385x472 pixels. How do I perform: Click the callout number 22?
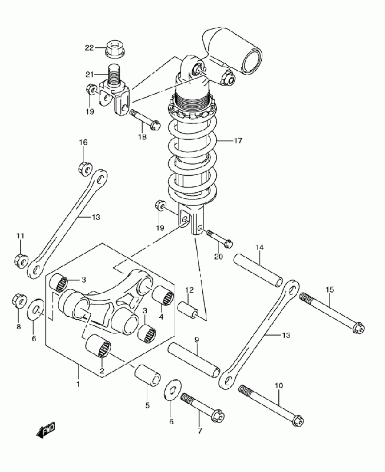point(90,48)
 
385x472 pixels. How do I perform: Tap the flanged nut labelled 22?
point(113,49)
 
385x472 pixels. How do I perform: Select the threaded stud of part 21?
point(114,74)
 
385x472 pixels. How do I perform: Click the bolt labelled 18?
point(145,121)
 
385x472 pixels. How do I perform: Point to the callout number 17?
point(238,140)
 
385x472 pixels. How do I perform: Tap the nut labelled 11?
point(21,261)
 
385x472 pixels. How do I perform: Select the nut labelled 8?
point(19,300)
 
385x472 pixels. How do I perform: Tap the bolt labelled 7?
point(203,408)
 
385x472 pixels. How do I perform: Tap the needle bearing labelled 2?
point(98,346)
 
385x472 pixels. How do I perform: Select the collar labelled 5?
point(147,375)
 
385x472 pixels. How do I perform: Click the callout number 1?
point(78,384)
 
